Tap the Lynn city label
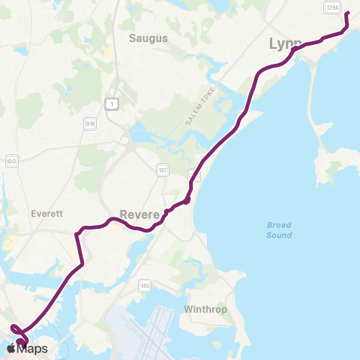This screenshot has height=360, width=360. [x=285, y=44]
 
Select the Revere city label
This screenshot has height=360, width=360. [x=139, y=214]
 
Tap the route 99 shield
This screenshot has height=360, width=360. [x=90, y=124]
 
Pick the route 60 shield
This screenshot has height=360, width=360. [x=12, y=160]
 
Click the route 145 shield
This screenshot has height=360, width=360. [x=145, y=286]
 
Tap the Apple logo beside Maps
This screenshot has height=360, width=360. [x=11, y=349]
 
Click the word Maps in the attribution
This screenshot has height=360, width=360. [x=32, y=349]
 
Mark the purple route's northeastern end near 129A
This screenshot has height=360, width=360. [x=347, y=14]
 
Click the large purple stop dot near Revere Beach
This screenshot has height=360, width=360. [x=186, y=199]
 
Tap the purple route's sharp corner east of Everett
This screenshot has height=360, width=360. [x=76, y=235]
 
